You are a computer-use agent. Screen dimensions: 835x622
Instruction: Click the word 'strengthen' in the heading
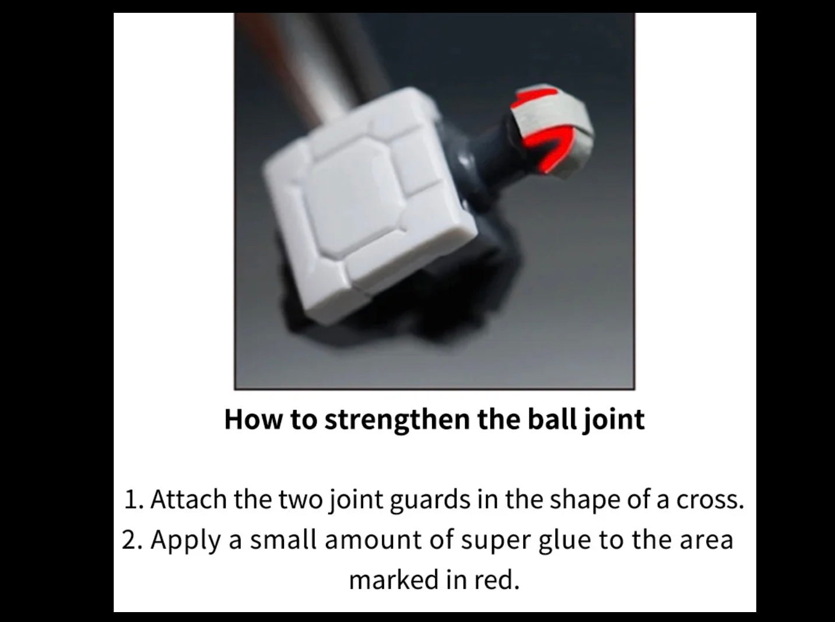point(397,420)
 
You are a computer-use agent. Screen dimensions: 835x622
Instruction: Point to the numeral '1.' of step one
point(134,500)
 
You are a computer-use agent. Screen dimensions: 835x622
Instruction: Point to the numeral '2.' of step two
point(133,540)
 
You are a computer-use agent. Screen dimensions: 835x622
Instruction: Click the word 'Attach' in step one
point(189,499)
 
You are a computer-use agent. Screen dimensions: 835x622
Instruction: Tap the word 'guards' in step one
point(430,500)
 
